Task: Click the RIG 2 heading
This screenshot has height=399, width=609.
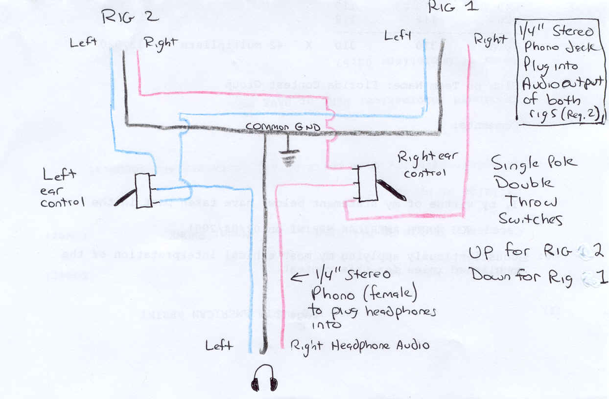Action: point(130,17)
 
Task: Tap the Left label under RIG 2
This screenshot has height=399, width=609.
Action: point(83,43)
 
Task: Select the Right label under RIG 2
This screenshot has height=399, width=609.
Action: point(160,43)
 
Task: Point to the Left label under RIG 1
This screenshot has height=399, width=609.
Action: point(397,36)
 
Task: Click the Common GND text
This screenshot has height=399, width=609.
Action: point(283,127)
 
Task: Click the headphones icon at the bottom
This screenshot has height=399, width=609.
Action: point(264,378)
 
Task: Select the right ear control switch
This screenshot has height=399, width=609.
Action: point(366,182)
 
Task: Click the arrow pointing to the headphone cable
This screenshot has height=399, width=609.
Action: point(301,279)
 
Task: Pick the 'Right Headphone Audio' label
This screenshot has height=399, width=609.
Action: point(360,346)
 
